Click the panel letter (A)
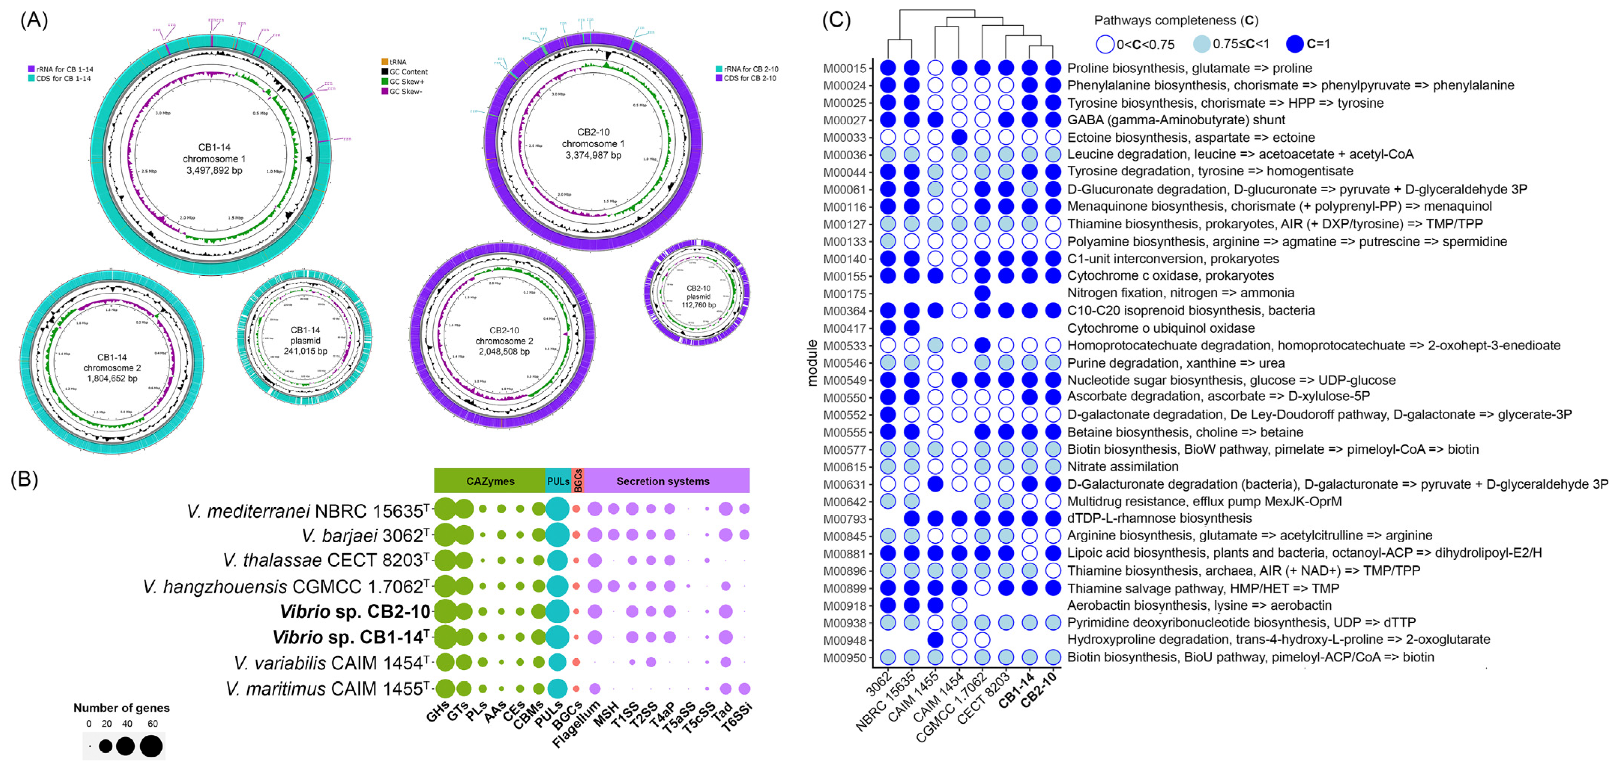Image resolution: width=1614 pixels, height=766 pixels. pyautogui.click(x=34, y=20)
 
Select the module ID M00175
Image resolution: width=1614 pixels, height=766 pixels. pyautogui.click(x=844, y=294)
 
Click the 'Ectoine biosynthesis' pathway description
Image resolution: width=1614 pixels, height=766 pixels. pyautogui.click(x=1190, y=137)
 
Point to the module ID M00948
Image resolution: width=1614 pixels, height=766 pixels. pyautogui.click(x=844, y=640)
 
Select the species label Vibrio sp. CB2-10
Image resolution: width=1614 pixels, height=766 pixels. pyautogui.click(x=355, y=611)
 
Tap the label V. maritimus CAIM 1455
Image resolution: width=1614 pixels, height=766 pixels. pyautogui.click(x=328, y=689)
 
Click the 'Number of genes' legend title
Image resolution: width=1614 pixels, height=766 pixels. pyautogui.click(x=121, y=708)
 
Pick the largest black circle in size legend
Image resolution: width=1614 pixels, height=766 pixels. pyautogui.click(x=151, y=746)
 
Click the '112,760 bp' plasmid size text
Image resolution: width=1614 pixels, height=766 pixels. pyautogui.click(x=699, y=305)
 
